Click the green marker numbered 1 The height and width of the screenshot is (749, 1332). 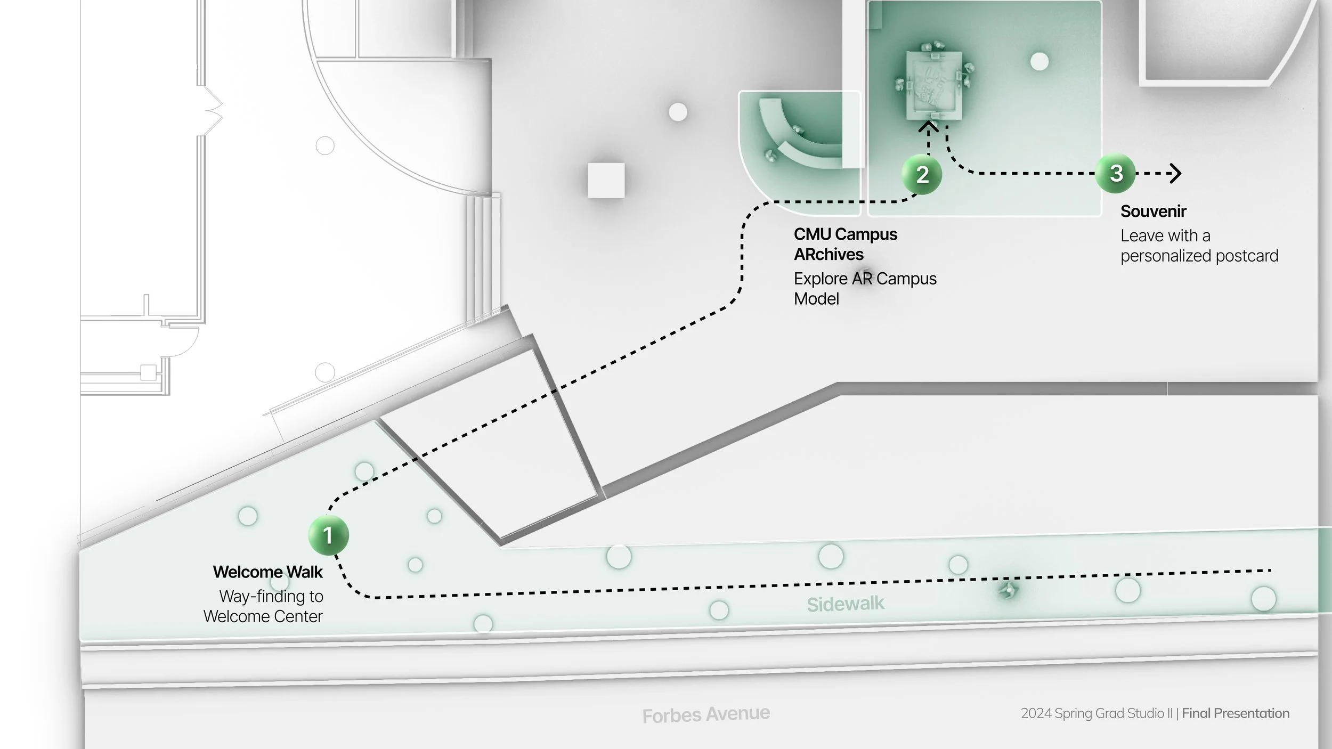pyautogui.click(x=328, y=535)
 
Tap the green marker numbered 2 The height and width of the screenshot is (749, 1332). pyautogui.click(x=922, y=175)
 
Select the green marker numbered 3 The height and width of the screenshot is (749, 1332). pyautogui.click(x=1116, y=173)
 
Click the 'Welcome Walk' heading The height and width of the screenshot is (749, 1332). pyautogui.click(x=267, y=572)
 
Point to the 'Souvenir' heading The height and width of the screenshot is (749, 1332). pyautogui.click(x=1153, y=211)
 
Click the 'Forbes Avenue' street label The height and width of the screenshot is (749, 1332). pyautogui.click(x=706, y=714)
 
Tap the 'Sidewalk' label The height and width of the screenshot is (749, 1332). pyautogui.click(x=845, y=604)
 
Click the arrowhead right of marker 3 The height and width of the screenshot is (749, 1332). pyautogui.click(x=1175, y=173)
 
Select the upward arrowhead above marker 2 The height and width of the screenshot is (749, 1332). pyautogui.click(x=929, y=127)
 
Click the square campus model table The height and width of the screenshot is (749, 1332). pyautogui.click(x=934, y=85)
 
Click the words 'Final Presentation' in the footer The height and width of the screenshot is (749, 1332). pyautogui.click(x=1236, y=713)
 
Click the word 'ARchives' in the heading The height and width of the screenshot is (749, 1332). pyautogui.click(x=829, y=255)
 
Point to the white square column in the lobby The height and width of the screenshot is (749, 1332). pyautogui.click(x=606, y=180)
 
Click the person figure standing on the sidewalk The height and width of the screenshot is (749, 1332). pyautogui.click(x=1007, y=589)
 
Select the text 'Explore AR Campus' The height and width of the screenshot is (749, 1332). pyautogui.click(x=865, y=279)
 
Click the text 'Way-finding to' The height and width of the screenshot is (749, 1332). pyautogui.click(x=271, y=596)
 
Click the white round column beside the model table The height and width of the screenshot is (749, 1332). pyautogui.click(x=1039, y=62)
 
